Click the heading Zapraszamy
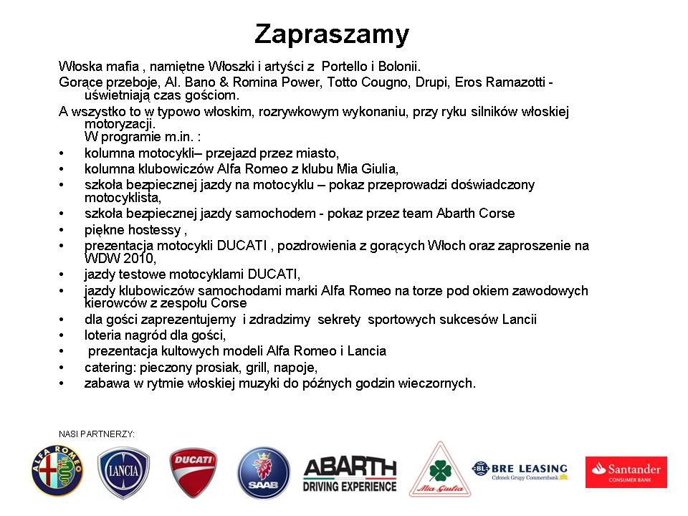click(332, 34)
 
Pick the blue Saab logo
click(263, 472)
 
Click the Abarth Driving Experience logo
click(350, 474)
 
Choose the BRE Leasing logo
click(520, 470)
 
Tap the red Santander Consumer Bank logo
click(626, 472)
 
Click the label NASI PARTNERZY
click(97, 434)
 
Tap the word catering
click(107, 367)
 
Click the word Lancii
click(519, 320)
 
